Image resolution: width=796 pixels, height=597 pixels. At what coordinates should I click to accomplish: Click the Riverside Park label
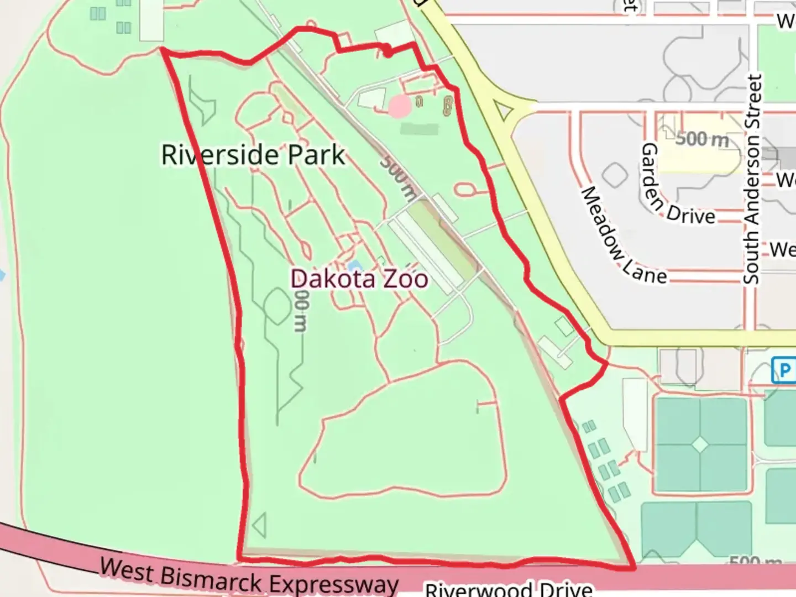253,154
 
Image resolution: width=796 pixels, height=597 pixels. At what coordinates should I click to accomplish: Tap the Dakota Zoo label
359,279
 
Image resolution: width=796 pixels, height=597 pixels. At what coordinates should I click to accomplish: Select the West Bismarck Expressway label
249,577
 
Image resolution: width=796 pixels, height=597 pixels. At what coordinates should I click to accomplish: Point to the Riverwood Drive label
509,589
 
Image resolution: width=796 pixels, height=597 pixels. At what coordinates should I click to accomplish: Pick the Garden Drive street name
677,186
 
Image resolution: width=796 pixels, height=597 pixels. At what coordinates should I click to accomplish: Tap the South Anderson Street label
752,180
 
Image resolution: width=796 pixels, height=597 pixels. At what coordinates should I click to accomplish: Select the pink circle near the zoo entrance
399,107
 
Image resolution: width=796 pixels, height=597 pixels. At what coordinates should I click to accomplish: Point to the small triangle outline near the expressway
259,525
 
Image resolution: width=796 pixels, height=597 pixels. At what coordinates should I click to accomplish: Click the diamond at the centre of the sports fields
700,444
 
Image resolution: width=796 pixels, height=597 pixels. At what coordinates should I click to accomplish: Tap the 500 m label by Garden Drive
702,139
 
